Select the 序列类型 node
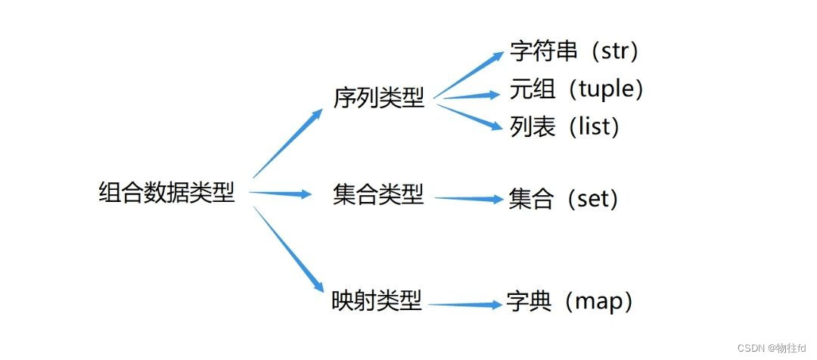click(378, 98)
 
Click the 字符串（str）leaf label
click(575, 52)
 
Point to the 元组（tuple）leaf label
click(577, 89)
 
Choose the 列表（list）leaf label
click(565, 126)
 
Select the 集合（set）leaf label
click(564, 200)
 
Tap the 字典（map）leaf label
click(570, 302)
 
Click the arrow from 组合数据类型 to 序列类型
click(287, 144)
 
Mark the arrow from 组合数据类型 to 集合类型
click(280, 194)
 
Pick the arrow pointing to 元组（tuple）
click(469, 96)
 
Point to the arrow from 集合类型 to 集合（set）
click(469, 199)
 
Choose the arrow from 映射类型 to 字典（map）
click(465, 305)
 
